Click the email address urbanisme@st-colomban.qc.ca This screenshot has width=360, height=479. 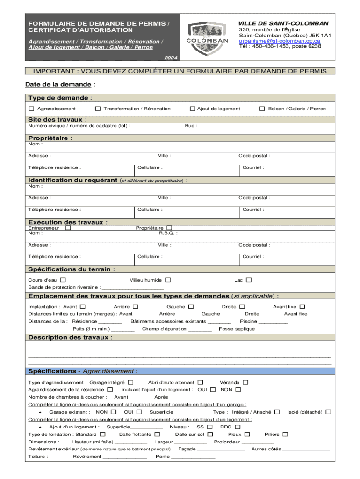[280, 41]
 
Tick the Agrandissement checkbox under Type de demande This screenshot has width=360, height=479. [31, 109]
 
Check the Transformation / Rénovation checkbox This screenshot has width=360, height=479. [98, 109]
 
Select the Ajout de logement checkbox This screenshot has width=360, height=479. [192, 109]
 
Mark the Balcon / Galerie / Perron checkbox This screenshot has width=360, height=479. [262, 109]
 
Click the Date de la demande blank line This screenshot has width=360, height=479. [145, 85]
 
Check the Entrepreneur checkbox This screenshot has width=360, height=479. [68, 228]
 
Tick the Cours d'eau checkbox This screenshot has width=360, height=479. [63, 280]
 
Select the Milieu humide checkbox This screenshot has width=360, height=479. [168, 280]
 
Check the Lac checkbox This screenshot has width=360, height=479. [249, 280]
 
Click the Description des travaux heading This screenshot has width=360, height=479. [70, 337]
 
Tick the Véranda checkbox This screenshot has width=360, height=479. [245, 382]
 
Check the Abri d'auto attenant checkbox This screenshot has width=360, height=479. [200, 382]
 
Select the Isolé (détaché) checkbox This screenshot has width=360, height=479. [329, 412]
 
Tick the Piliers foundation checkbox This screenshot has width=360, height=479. [285, 434]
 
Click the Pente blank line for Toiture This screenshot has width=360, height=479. [193, 457]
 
